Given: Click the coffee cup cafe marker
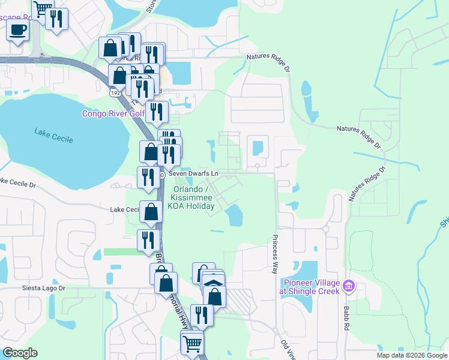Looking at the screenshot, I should coord(17,29).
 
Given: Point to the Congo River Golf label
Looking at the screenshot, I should coord(113,113).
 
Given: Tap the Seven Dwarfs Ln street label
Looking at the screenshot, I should coord(193,173).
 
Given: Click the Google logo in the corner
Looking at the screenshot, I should coord(20,353).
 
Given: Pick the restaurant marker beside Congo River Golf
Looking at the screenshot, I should coord(156,112).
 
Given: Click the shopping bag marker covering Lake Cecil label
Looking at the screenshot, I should coord(152,211).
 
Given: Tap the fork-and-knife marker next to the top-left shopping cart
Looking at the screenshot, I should coord(56,19).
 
